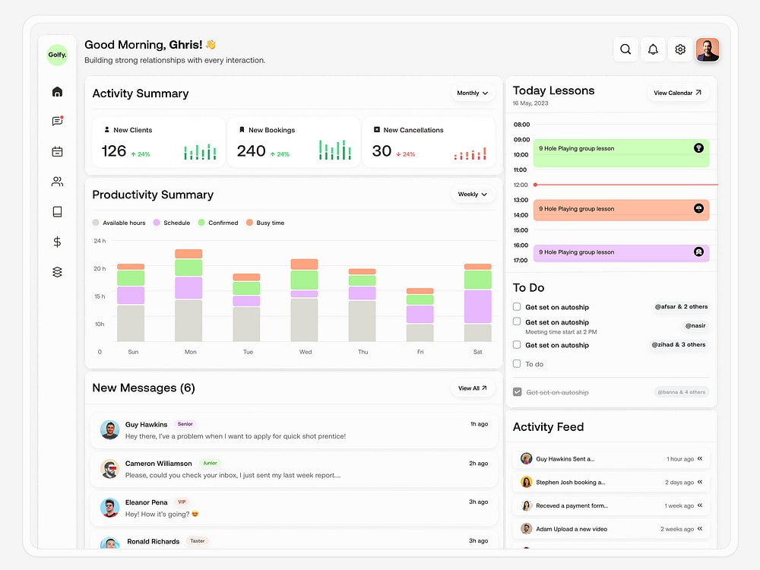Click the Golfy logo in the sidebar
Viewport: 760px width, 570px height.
click(x=57, y=55)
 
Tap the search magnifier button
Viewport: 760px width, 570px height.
click(x=625, y=49)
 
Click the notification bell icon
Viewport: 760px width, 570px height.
click(x=653, y=49)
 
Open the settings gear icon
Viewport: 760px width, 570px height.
click(x=680, y=49)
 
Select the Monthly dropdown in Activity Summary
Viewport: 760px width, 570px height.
click(x=472, y=93)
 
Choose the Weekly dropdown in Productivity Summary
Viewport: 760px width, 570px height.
click(x=472, y=195)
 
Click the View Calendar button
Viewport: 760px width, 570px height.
click(x=678, y=93)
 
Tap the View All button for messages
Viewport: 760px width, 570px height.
click(x=473, y=388)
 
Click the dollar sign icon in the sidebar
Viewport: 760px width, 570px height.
click(x=57, y=242)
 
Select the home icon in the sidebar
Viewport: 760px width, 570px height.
click(x=57, y=92)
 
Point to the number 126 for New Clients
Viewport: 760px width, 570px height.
click(x=114, y=151)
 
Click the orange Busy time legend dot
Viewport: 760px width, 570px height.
click(x=249, y=223)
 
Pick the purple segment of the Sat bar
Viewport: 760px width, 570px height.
click(x=477, y=307)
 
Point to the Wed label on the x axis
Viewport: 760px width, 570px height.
click(x=306, y=352)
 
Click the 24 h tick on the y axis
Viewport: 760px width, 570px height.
click(x=100, y=241)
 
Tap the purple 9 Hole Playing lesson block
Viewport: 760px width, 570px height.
click(x=621, y=252)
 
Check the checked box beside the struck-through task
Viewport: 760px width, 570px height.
click(x=517, y=392)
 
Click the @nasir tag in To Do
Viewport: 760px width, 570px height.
click(x=695, y=326)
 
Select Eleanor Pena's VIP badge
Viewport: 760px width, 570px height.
click(x=182, y=502)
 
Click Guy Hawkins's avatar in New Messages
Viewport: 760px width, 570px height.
click(x=110, y=430)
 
